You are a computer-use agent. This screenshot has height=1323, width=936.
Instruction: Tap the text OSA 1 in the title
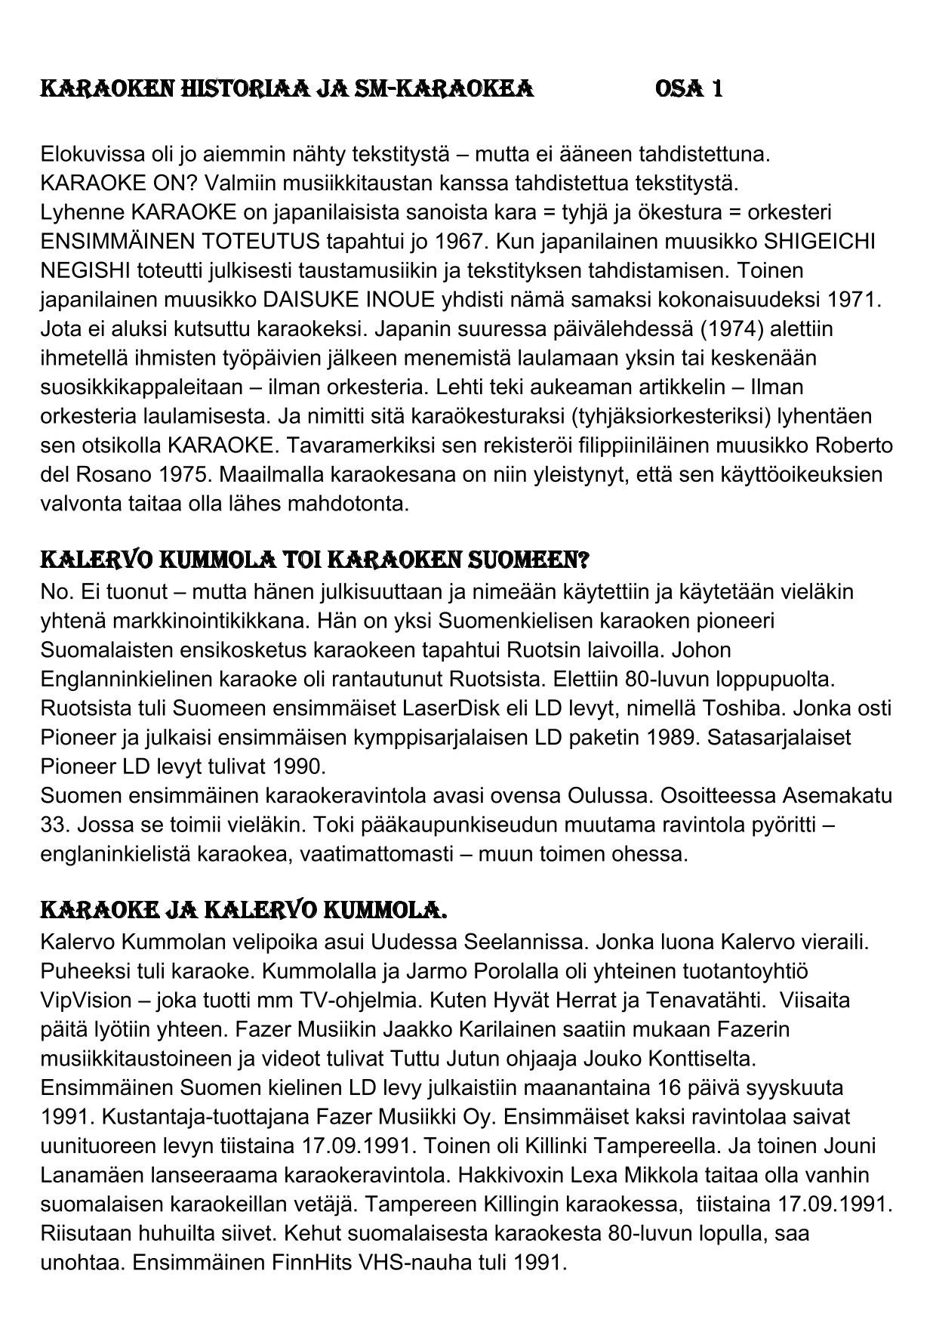(x=689, y=89)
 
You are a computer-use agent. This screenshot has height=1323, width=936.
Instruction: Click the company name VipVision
(x=86, y=1001)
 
